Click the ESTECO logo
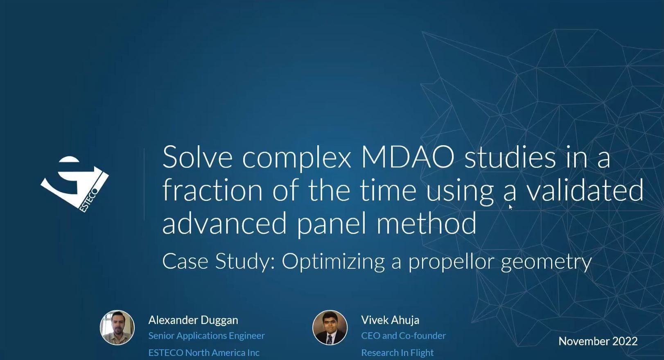point(75,184)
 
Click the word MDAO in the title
point(408,157)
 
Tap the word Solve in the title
point(197,157)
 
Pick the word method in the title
point(426,223)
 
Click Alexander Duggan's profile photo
point(117,327)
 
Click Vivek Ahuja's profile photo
point(330,327)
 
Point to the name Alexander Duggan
point(193,320)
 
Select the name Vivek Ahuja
point(390,320)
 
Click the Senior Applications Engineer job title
point(207,336)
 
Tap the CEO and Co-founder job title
point(404,336)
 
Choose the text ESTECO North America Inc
point(204,353)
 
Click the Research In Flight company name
point(397,353)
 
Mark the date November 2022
point(598,341)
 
